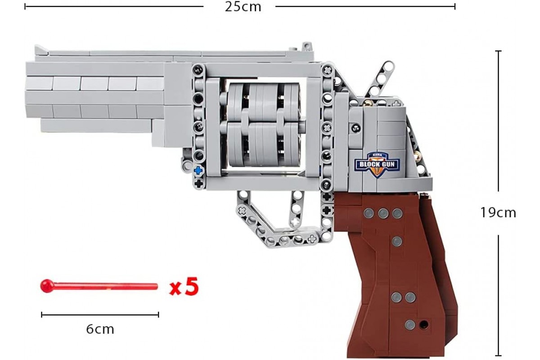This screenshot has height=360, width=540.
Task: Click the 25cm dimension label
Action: (243, 7)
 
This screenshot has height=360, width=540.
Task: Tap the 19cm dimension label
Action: (498, 213)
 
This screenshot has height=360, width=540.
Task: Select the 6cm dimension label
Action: (100, 329)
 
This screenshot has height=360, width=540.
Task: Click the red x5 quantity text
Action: (184, 287)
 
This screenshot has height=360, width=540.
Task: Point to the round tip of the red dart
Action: (47, 286)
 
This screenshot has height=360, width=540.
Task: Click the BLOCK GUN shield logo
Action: (377, 165)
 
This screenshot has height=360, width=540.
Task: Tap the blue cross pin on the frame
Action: (198, 171)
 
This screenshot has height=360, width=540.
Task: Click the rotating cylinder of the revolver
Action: (264, 125)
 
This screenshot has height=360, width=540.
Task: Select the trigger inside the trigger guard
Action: (296, 209)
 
